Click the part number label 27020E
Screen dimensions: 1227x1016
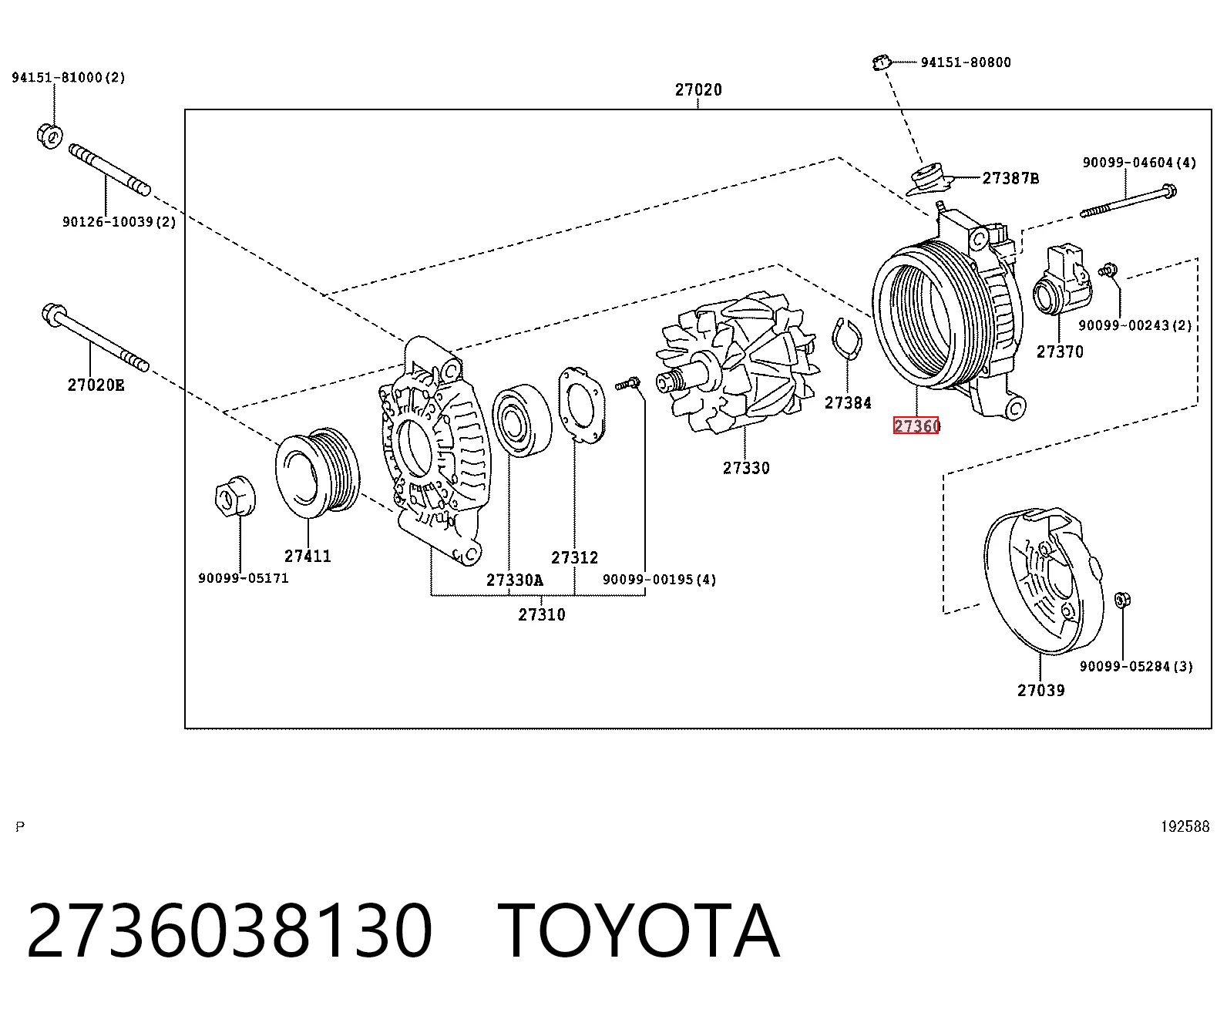tap(96, 385)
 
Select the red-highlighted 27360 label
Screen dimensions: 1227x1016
tap(916, 425)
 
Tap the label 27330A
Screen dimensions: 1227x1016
tap(515, 580)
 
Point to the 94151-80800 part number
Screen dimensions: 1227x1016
tap(966, 62)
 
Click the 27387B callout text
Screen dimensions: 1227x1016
tap(1010, 178)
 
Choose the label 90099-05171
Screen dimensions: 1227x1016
tap(244, 578)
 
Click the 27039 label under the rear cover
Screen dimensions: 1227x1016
tap(1041, 690)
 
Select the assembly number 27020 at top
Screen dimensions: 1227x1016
tap(698, 90)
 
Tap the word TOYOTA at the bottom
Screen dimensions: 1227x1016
tap(639, 932)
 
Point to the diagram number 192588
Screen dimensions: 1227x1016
tap(1185, 826)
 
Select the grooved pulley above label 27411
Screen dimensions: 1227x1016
tap(318, 473)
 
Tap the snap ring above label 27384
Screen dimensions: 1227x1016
tap(847, 338)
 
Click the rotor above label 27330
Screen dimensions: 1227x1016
tap(738, 363)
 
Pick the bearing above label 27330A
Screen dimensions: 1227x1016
tap(522, 420)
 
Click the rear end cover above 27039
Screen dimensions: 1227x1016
tap(1044, 581)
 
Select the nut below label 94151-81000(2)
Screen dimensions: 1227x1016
tap(50, 136)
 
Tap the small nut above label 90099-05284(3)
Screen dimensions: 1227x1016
tap(1122, 600)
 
